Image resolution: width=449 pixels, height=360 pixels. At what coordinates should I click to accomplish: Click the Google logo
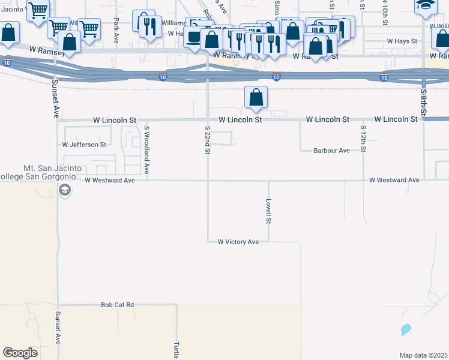click(x=20, y=353)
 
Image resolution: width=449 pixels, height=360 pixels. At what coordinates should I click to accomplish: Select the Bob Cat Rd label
click(x=117, y=305)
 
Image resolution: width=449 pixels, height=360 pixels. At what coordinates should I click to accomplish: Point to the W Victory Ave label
click(x=238, y=242)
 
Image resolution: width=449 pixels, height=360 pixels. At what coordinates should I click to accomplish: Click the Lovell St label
click(x=269, y=211)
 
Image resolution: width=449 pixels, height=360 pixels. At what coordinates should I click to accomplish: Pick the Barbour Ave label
click(x=331, y=151)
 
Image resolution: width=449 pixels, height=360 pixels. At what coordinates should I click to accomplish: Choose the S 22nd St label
click(x=207, y=140)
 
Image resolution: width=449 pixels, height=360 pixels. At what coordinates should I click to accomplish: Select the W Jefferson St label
click(x=84, y=145)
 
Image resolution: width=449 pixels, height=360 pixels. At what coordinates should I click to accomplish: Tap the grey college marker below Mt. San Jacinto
click(x=64, y=191)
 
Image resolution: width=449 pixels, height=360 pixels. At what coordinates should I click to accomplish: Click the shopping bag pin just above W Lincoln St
click(x=256, y=97)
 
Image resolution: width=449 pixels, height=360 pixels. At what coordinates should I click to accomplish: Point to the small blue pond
click(x=406, y=329)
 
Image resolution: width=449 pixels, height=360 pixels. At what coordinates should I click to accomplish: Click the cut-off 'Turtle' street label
click(x=176, y=350)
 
